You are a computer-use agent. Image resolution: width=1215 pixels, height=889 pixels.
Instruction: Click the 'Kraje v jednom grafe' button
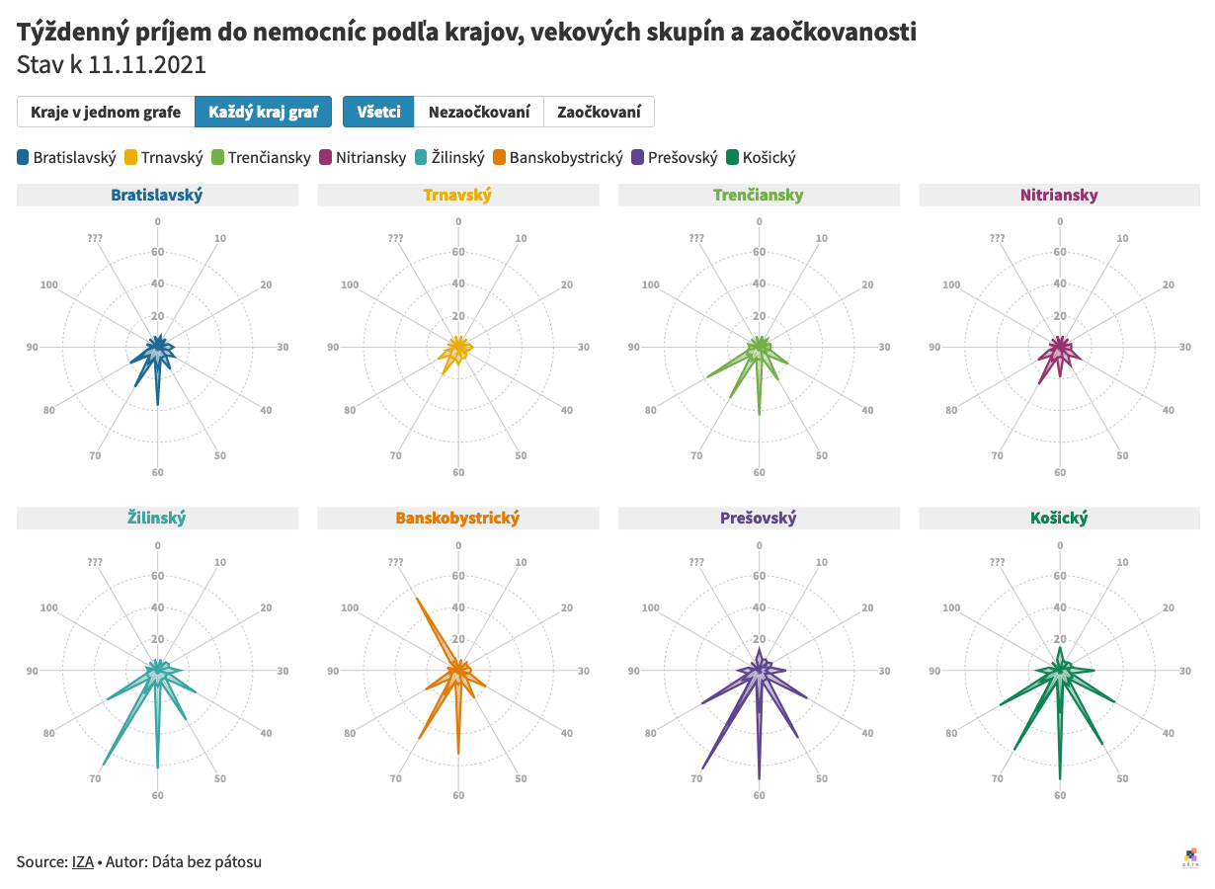(106, 112)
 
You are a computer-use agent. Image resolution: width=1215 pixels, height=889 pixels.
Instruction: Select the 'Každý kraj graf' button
(263, 112)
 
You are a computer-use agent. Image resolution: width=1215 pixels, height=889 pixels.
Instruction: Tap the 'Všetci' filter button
(378, 112)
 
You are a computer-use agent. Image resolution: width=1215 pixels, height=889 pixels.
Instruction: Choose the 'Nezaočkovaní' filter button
(479, 112)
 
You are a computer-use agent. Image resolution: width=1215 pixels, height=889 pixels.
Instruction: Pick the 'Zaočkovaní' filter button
(599, 112)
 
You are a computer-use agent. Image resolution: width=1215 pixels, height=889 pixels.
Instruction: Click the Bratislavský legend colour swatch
(24, 157)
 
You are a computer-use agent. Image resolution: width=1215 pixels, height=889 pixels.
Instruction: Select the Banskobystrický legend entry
(558, 157)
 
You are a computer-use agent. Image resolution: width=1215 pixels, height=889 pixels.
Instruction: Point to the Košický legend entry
(760, 157)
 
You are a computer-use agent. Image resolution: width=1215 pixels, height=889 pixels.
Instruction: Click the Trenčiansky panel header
(759, 195)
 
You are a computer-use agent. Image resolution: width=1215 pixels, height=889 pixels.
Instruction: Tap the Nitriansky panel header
(1060, 195)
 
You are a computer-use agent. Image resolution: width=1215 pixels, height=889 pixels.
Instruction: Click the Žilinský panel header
(157, 518)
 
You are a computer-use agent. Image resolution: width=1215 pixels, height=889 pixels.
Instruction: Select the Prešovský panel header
(759, 518)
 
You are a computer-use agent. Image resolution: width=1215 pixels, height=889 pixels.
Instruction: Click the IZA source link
(83, 861)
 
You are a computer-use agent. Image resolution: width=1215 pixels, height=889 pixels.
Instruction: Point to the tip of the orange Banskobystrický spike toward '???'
(417, 599)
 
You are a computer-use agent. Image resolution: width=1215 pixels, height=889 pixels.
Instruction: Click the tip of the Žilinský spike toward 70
(102, 766)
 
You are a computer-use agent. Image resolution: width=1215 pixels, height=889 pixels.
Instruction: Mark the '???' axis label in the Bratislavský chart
(95, 238)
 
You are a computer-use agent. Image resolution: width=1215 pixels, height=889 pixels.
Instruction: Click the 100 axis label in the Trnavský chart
(350, 285)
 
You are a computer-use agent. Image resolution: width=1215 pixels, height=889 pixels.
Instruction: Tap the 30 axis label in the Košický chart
(1185, 671)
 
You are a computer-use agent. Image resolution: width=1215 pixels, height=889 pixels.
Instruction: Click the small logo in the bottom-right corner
(1192, 857)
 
